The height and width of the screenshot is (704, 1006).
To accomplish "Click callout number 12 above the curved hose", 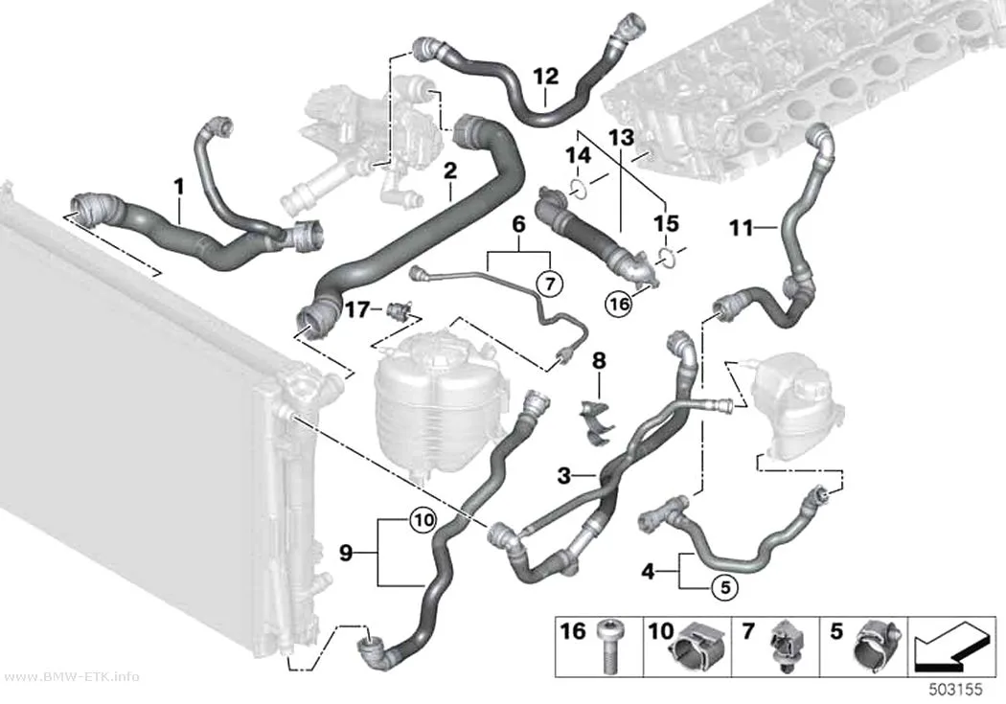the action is (x=546, y=77).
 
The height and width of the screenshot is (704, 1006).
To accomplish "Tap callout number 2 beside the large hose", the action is (x=450, y=170).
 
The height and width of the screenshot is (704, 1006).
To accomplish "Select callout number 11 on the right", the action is (x=743, y=227).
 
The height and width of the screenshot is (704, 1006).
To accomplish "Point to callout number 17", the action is (x=357, y=309).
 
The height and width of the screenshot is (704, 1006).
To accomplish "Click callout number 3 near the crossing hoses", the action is (x=564, y=476).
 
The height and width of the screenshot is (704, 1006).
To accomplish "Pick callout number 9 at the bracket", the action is (x=346, y=552).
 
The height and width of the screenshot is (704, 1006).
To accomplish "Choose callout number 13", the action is (x=621, y=137).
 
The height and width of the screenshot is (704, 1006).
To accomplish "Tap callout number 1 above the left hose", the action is (x=179, y=187).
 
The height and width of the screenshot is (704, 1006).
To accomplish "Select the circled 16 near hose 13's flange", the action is (x=619, y=304).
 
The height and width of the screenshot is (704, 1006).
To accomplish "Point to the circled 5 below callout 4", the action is (x=725, y=586).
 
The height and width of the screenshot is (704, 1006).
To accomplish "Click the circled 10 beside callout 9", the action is (x=423, y=520).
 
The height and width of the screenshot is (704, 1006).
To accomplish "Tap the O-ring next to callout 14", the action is (x=578, y=190).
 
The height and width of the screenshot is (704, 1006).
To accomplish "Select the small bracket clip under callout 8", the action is (x=596, y=420).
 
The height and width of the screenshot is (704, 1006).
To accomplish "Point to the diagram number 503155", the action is (x=956, y=690).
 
